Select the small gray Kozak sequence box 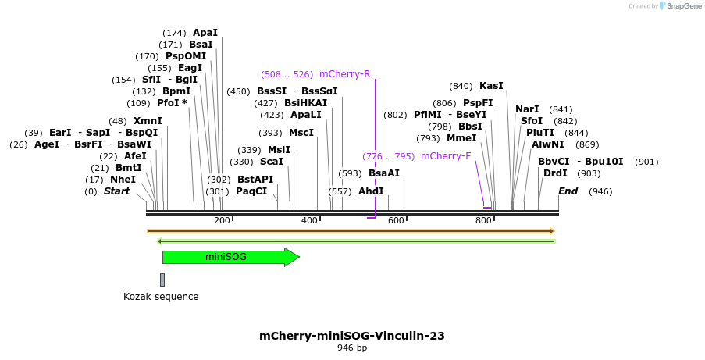pos(162,280)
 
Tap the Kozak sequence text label pos(161,297)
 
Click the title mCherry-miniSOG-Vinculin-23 pos(352,336)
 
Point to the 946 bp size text pos(352,348)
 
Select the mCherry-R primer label pos(344,75)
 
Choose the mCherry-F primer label pos(446,156)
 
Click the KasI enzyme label pos(491,86)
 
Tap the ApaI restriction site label pos(205,33)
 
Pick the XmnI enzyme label pos(148,121)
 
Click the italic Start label pos(117,191)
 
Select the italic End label pos(568,191)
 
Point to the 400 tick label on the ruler pos(309,221)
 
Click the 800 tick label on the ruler pos(482,221)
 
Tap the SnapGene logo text pos(680,6)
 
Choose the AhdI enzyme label pos(371,191)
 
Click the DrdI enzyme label pos(555,173)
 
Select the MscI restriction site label pos(301,133)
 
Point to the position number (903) pos(589,173)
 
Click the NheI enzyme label pos(123,180)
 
